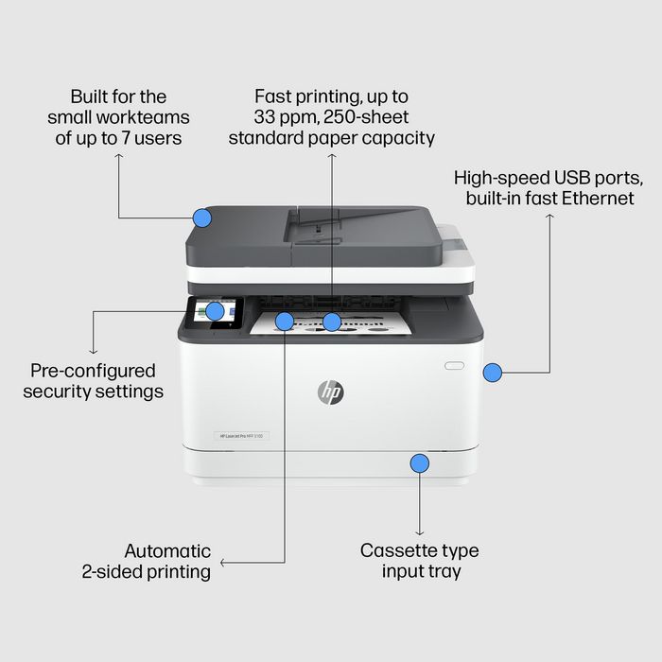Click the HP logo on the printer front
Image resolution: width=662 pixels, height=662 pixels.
(x=331, y=391)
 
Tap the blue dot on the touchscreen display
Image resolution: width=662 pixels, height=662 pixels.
(x=215, y=310)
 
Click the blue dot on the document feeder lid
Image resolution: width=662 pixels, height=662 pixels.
(x=201, y=218)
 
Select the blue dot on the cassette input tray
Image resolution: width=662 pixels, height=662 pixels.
(x=419, y=462)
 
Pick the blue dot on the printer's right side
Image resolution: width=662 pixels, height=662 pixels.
(x=492, y=373)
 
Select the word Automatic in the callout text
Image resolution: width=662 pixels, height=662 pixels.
(x=167, y=550)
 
